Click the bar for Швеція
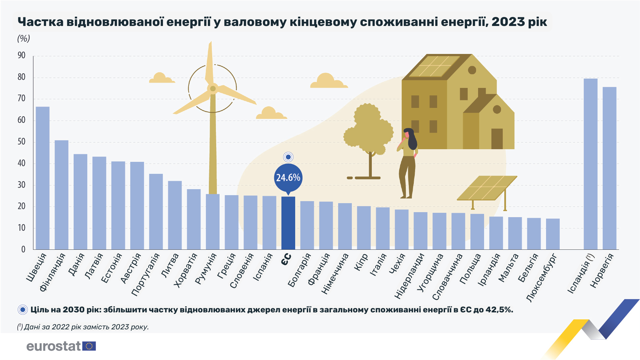click(x=43, y=178)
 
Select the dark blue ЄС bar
click(x=288, y=223)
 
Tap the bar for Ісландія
click(x=590, y=164)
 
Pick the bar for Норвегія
click(x=609, y=168)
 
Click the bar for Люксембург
click(x=553, y=234)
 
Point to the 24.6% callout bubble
click(x=288, y=178)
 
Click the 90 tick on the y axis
click(x=21, y=55)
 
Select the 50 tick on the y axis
click(x=21, y=142)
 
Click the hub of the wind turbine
click(x=213, y=89)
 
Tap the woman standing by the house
click(x=408, y=163)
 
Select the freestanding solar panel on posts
click(x=487, y=188)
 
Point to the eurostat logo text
click(x=54, y=346)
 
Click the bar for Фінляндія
click(x=62, y=195)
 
